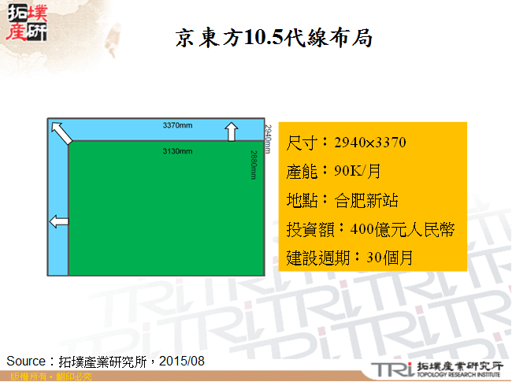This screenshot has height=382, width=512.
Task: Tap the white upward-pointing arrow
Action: [232, 131]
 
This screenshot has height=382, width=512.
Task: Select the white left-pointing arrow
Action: [58, 221]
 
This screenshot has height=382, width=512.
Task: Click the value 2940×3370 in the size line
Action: [370, 143]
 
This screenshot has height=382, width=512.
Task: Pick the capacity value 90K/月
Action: [358, 171]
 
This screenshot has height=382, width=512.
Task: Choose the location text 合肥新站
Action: [366, 199]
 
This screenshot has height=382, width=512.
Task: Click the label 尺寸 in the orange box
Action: [302, 143]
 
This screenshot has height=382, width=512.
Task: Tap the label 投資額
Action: [309, 228]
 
